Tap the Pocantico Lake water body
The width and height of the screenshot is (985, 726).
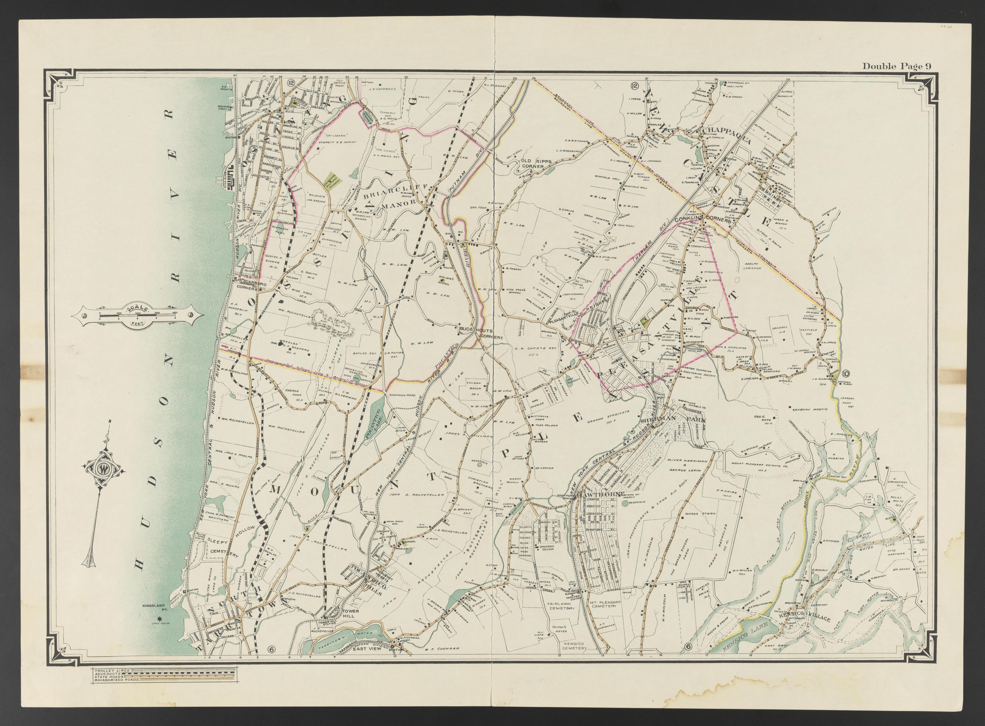point(374,417)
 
